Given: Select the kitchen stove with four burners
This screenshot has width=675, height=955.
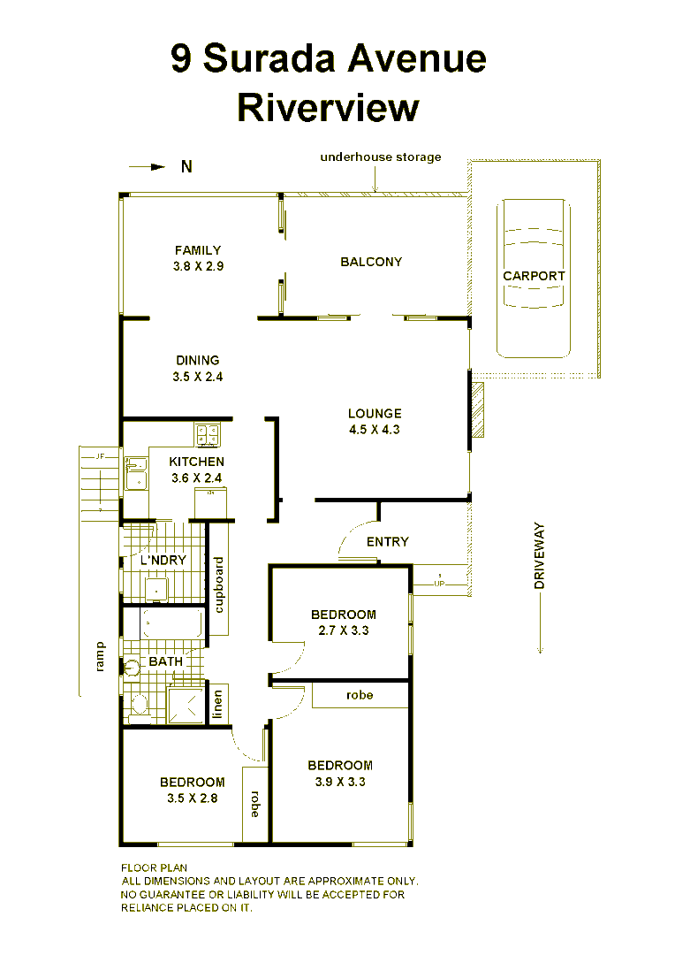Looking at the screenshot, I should coord(209,434).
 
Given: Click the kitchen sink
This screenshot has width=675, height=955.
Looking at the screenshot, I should coord(135,472).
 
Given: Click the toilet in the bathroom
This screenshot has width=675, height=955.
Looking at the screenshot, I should coord(138,703).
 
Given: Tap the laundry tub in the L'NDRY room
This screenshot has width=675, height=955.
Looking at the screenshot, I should coord(157,587).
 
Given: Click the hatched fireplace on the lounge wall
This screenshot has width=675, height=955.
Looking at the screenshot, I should coord(477,409).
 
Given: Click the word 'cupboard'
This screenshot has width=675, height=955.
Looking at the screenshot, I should coord(219,584).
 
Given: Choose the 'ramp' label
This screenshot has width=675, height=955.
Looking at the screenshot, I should coord(100,656).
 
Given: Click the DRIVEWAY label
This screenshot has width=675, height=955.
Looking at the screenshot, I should coord(540,555).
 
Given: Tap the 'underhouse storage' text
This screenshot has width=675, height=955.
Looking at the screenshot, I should coord(380,157).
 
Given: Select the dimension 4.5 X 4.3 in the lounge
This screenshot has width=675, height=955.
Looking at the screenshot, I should coord(375,430).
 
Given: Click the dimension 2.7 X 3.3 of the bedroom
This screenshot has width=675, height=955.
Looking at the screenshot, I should coord(343,631).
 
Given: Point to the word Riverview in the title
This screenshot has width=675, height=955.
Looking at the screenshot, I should coord(328,108).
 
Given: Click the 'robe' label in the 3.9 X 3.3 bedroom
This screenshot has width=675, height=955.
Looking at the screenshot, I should coord(360,695).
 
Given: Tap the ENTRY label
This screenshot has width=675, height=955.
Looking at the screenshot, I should coord(387,541).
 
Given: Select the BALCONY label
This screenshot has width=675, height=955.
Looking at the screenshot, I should coord(371,262).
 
